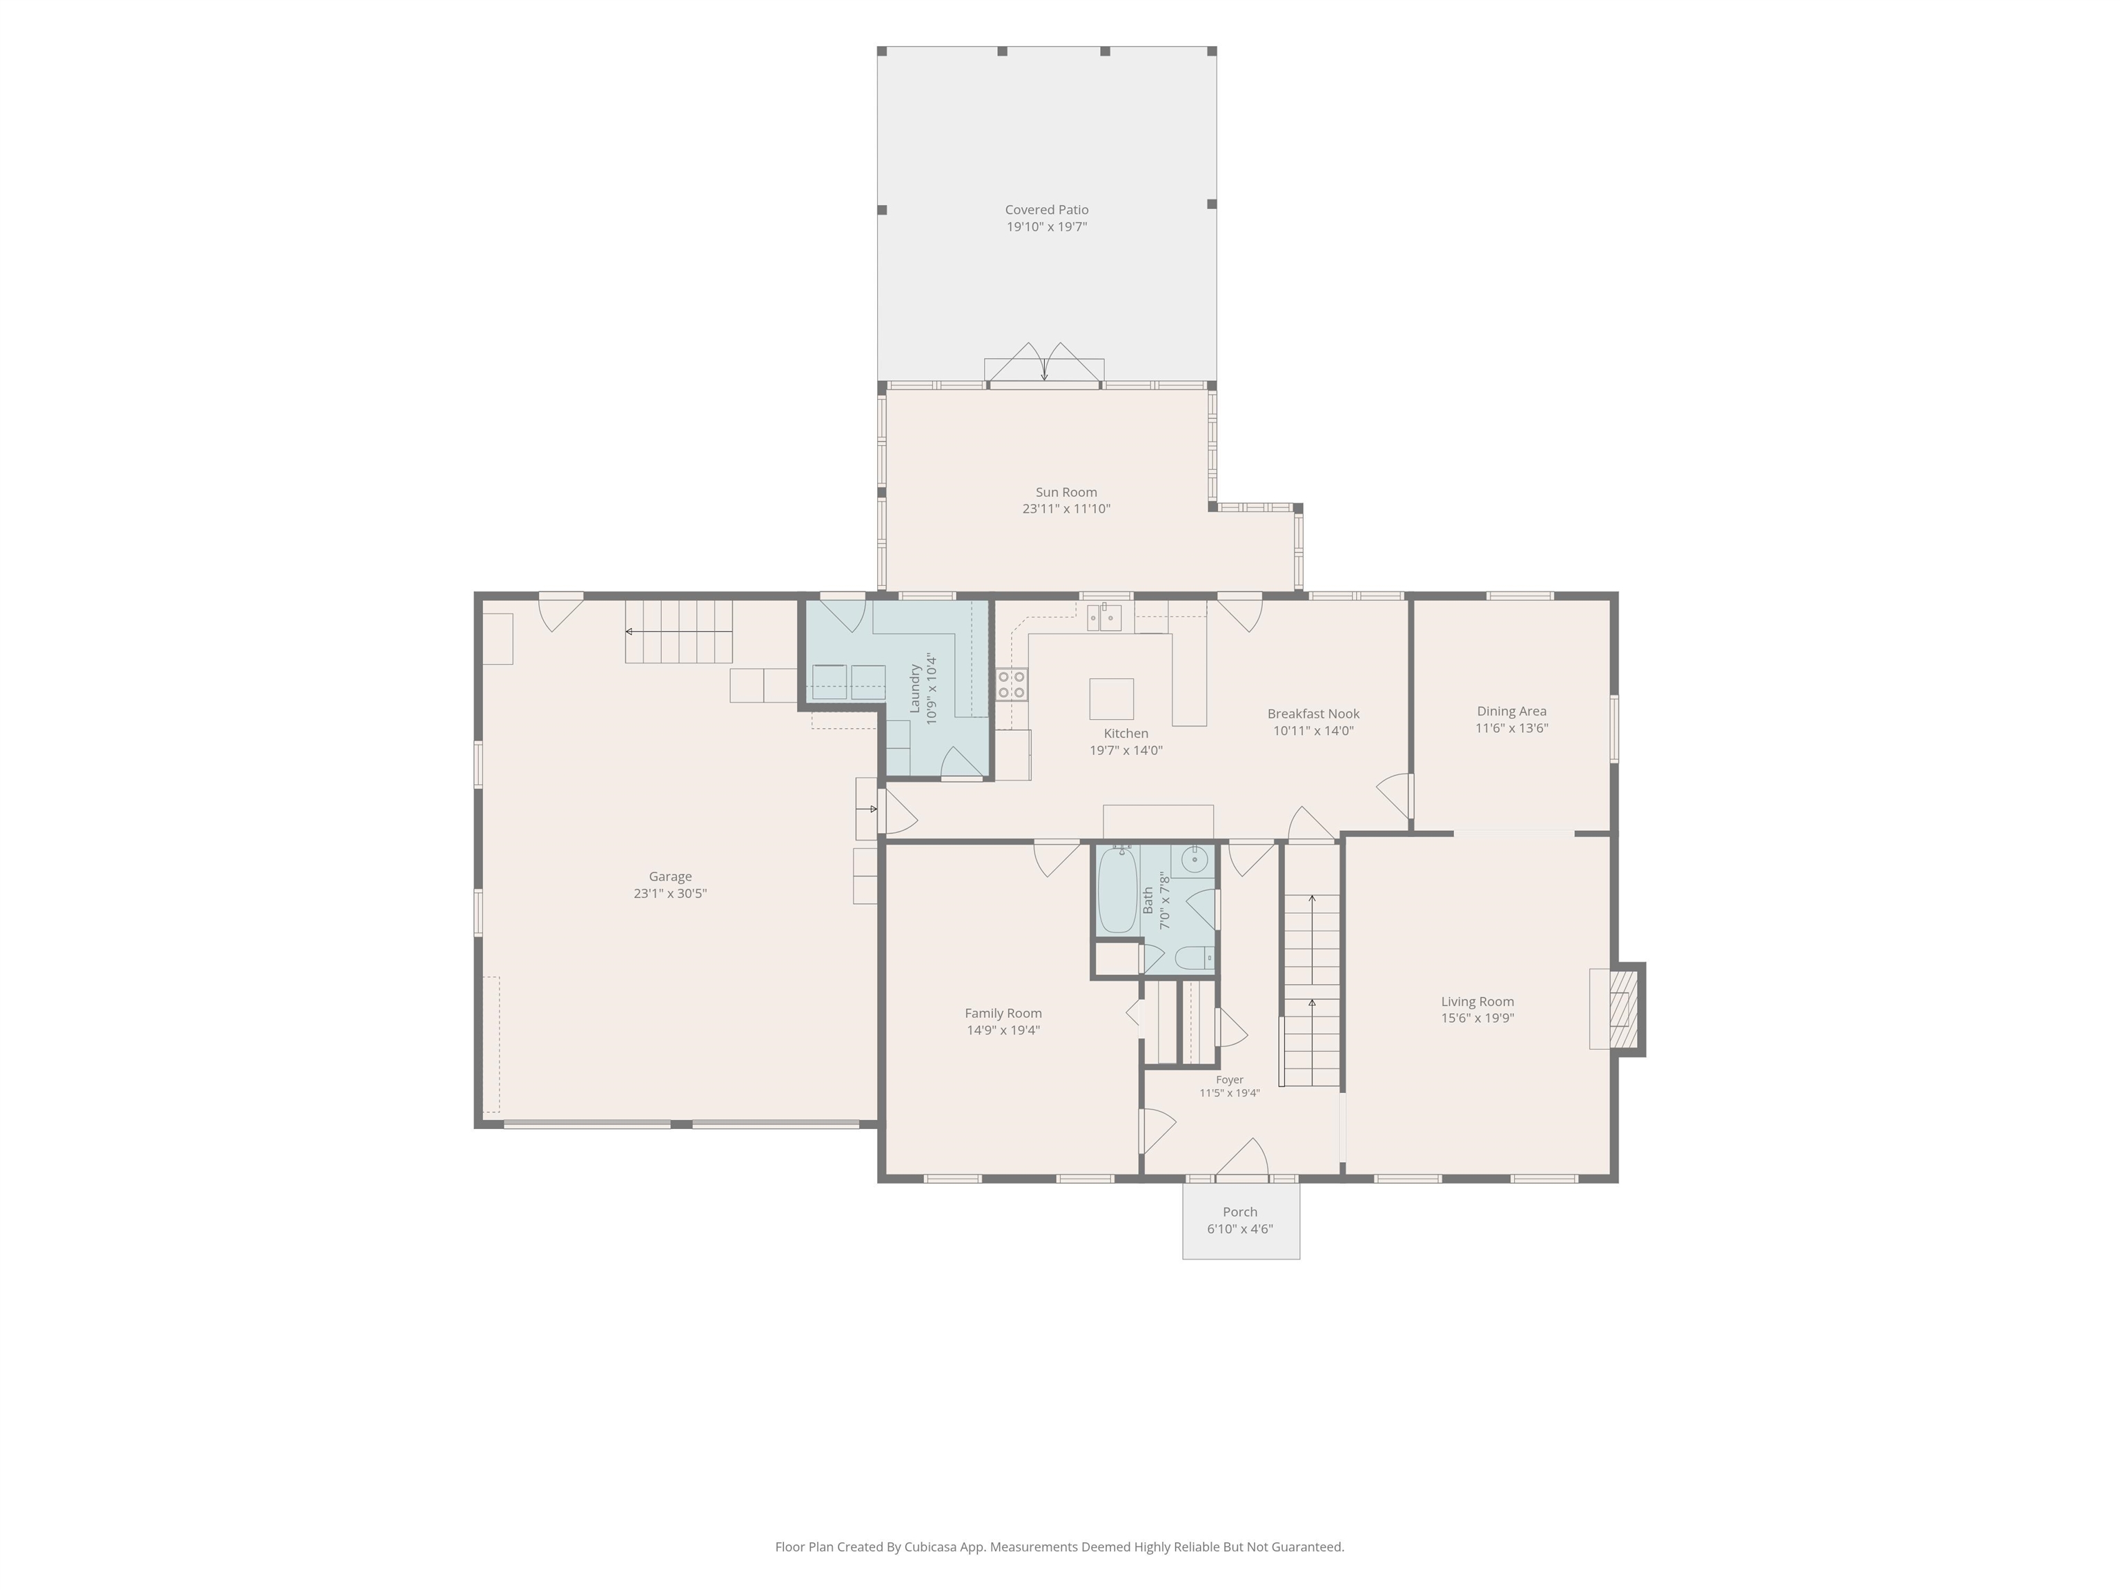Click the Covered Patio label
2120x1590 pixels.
tap(1047, 210)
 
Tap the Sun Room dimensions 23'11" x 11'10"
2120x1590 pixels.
tap(1066, 509)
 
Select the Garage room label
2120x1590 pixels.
tap(670, 876)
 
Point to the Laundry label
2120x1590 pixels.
tap(914, 688)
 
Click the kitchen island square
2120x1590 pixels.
tap(1111, 698)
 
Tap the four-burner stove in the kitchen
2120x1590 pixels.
tap(1011, 685)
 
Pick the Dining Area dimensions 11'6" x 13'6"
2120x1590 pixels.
tap(1511, 728)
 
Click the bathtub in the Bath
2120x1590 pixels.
tap(1117, 890)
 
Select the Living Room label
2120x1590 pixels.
tap(1477, 1001)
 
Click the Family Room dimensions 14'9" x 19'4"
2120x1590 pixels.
tap(1003, 1030)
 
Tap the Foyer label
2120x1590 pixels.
tap(1230, 1080)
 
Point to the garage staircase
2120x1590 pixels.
tap(678, 631)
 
